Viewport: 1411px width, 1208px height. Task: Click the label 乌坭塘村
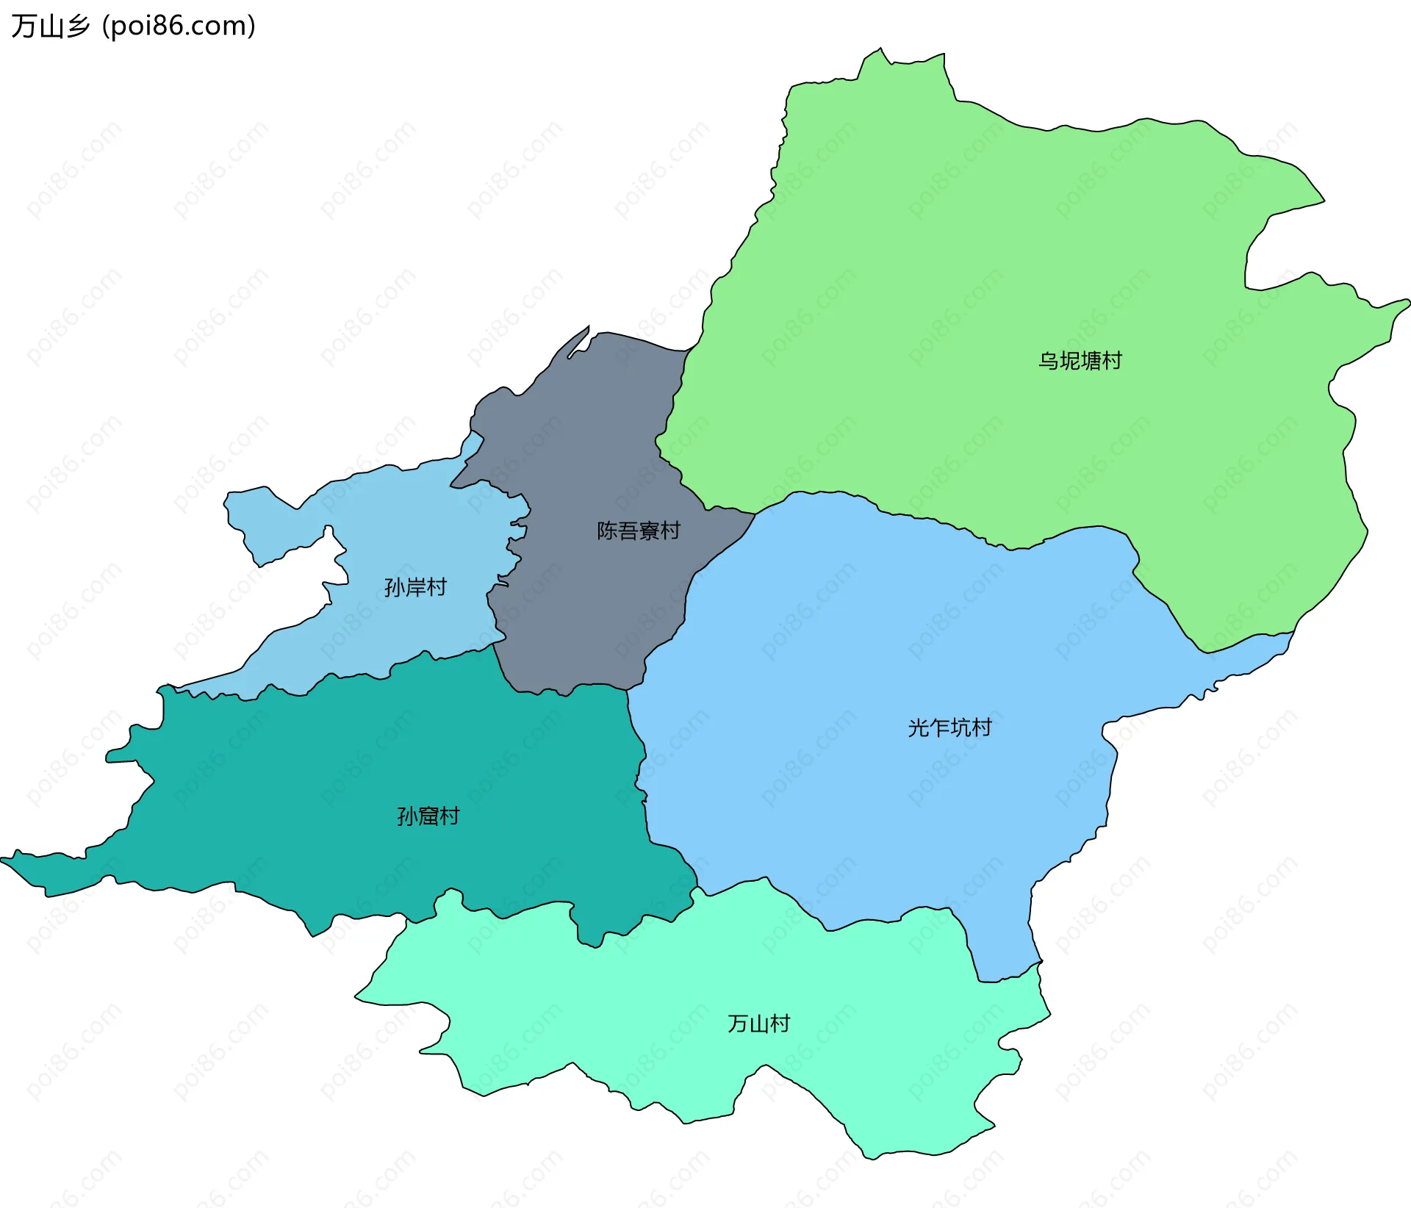pos(1080,361)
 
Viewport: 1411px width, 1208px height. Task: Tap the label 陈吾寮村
pos(638,531)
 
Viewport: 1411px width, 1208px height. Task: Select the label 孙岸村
pos(415,587)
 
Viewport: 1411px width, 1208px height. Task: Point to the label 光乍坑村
pos(949,727)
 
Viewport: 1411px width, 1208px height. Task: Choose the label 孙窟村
pos(428,816)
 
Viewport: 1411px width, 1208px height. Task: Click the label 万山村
pos(758,1024)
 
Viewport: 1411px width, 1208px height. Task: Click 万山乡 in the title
pos(50,26)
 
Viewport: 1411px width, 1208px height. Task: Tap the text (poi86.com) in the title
pos(179,26)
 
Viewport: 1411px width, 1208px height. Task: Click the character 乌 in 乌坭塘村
pos(1048,361)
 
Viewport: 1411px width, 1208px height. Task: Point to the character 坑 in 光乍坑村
pos(961,727)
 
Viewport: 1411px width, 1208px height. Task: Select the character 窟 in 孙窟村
pos(428,816)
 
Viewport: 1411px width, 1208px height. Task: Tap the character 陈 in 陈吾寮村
pos(607,531)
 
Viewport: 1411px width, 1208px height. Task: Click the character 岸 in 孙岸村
pos(416,587)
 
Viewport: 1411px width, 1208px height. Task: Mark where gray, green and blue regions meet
pos(755,514)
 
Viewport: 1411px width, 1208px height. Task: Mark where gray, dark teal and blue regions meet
pos(627,690)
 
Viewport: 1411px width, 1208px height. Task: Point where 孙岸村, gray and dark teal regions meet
pos(493,645)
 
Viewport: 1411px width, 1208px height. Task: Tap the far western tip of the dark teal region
pos(3,859)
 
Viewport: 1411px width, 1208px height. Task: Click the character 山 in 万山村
pos(759,1024)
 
